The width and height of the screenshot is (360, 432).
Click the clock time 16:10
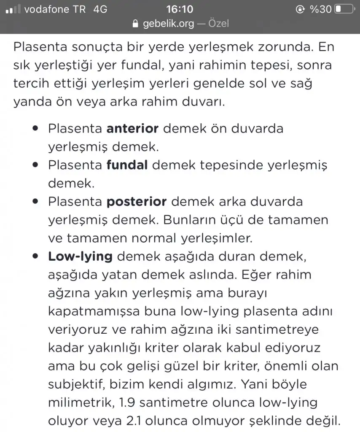pyautogui.click(x=180, y=9)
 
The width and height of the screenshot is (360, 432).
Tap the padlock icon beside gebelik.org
pyautogui.click(x=135, y=24)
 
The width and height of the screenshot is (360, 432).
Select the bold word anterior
pyautogui.click(x=132, y=128)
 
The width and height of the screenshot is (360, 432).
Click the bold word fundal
pyautogui.click(x=127, y=165)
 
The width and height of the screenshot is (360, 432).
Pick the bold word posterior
pyautogui.click(x=137, y=201)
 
